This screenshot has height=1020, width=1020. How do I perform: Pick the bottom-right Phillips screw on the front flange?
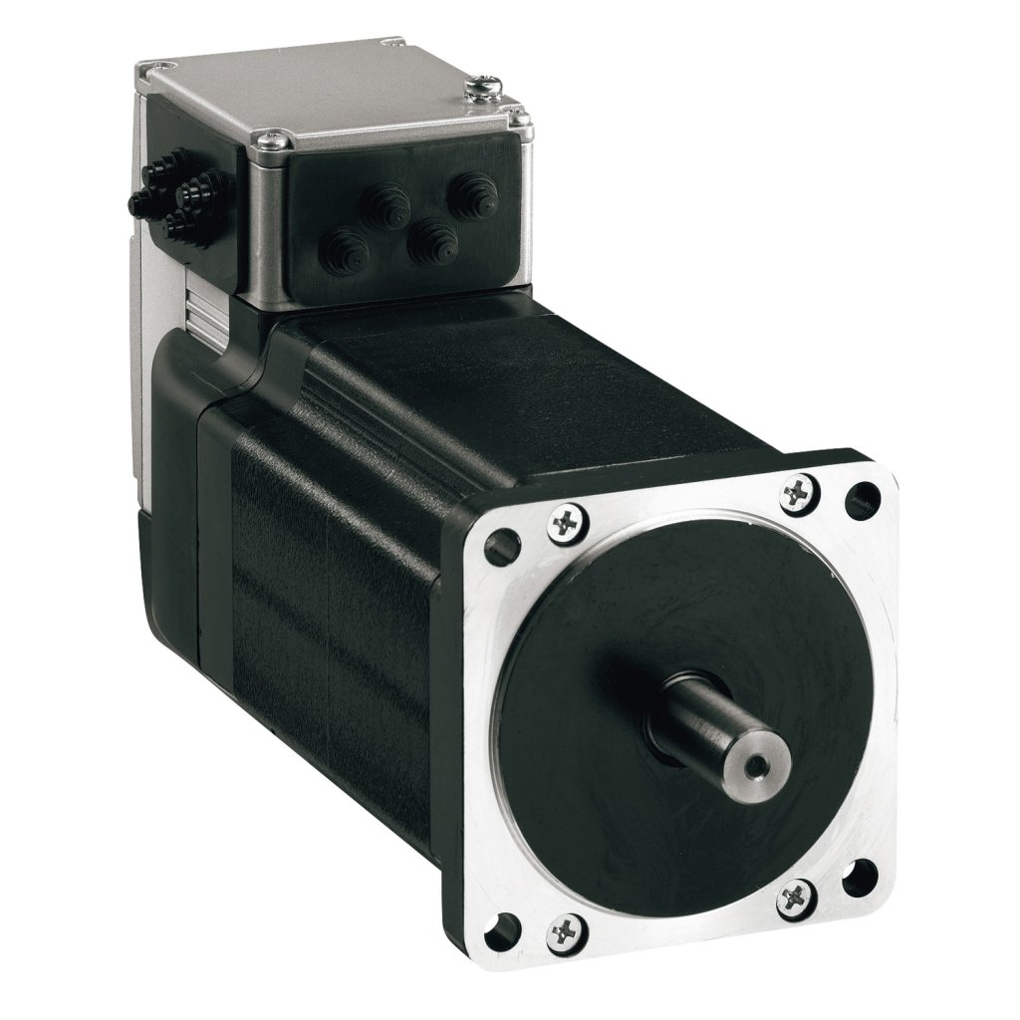coord(795,895)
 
